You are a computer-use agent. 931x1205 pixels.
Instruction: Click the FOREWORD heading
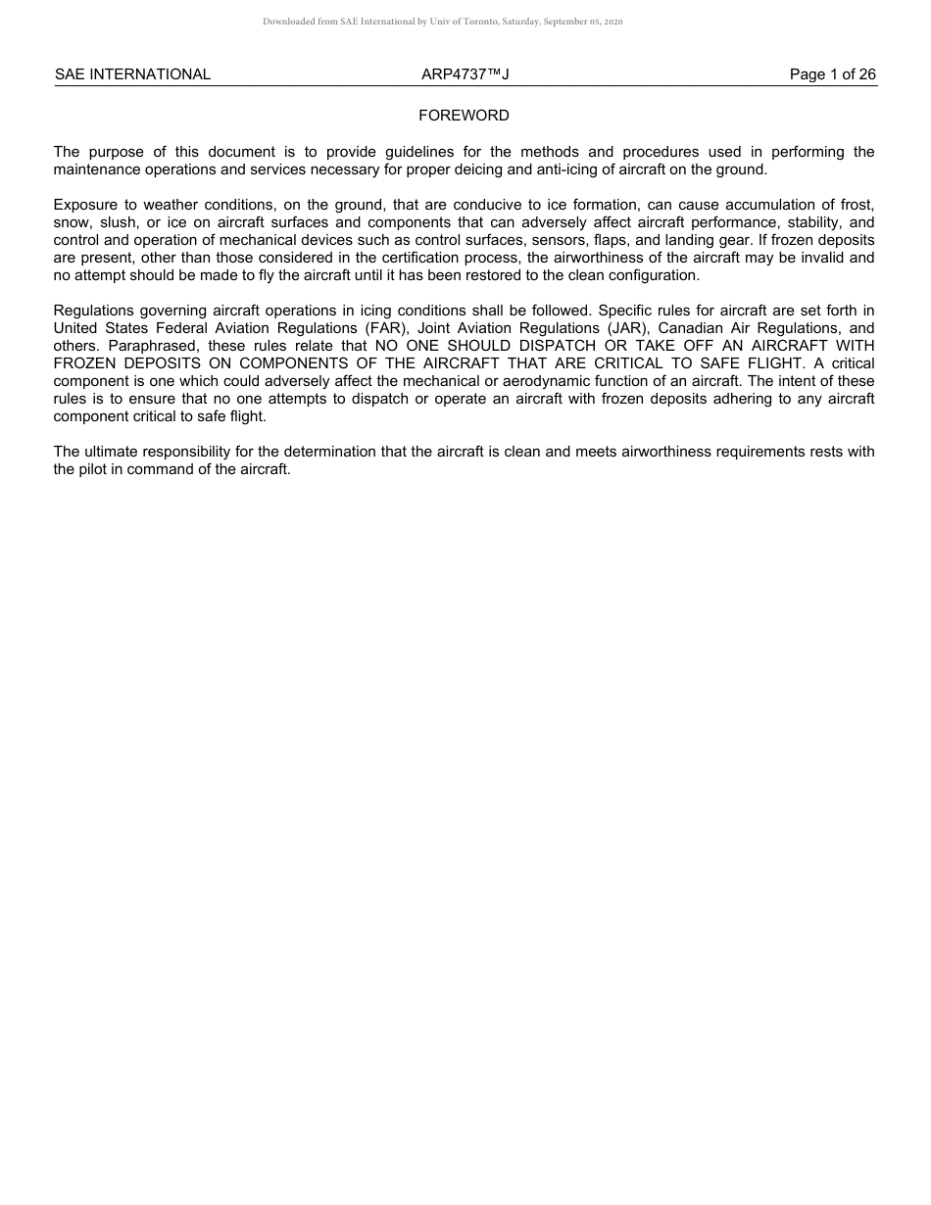pyautogui.click(x=464, y=116)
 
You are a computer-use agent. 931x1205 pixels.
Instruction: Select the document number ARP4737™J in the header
pyautogui.click(x=465, y=74)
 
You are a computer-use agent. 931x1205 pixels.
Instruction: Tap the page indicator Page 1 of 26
pyautogui.click(x=832, y=74)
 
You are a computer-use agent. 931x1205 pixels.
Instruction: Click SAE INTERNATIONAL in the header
pyautogui.click(x=132, y=74)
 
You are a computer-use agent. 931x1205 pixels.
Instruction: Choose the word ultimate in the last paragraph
pyautogui.click(x=110, y=452)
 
